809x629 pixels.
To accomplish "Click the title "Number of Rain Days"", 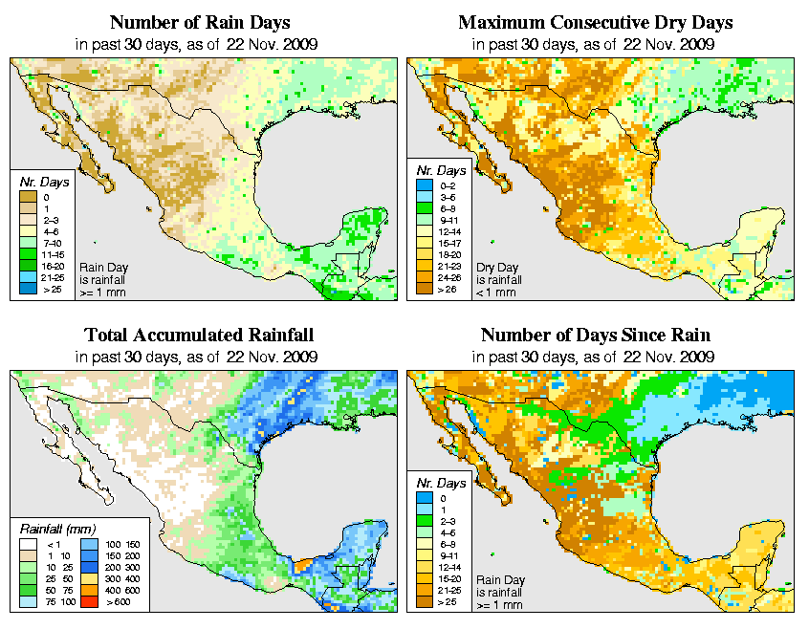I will (200, 22).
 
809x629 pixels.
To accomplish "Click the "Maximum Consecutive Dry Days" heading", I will (596, 22).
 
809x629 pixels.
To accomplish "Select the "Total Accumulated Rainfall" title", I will (200, 336).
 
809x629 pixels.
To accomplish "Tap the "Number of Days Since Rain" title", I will (596, 336).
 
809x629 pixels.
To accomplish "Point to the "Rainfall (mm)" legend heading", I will (58, 527).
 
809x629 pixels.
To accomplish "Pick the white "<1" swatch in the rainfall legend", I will (29, 543).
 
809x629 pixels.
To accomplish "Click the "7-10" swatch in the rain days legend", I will (29, 243).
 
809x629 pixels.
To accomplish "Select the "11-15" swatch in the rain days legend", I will (29, 254).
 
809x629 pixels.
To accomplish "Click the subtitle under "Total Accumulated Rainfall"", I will (200, 357).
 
